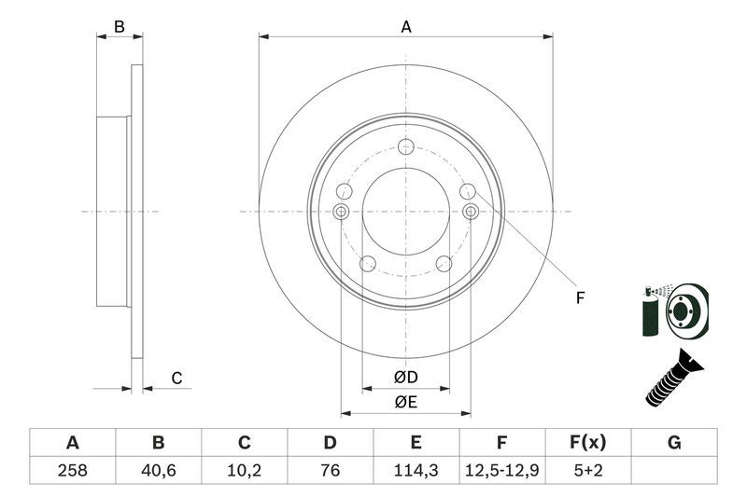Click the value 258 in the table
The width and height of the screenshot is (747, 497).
click(72, 470)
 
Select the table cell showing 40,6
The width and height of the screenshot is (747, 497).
click(158, 470)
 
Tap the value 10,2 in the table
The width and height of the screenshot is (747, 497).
click(244, 470)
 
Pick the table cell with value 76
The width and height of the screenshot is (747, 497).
click(331, 470)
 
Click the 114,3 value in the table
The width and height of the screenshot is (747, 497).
click(416, 470)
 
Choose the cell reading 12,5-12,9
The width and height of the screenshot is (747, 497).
click(502, 470)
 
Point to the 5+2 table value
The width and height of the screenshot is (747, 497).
click(588, 470)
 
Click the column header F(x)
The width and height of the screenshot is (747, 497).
click(588, 443)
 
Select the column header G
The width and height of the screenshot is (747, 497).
click(674, 443)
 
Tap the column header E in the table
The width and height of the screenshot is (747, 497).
click(416, 443)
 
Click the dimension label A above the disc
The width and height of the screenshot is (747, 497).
click(406, 27)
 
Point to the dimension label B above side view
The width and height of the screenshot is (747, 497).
click(120, 27)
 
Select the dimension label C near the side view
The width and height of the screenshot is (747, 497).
click(176, 378)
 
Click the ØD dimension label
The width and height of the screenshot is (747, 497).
click(405, 378)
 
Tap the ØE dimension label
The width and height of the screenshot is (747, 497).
click(405, 402)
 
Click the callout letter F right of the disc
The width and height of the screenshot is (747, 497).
click(579, 298)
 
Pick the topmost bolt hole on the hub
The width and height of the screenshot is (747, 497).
click(405, 146)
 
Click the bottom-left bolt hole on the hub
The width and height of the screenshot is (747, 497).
click(367, 264)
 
